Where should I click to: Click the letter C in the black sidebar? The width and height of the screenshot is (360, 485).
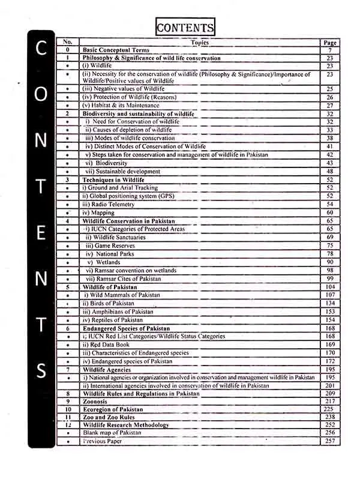(x=41, y=50)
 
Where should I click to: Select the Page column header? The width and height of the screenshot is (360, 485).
(x=329, y=43)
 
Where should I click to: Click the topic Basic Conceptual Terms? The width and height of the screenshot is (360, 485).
(x=116, y=50)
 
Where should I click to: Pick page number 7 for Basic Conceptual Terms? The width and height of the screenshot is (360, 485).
(x=329, y=50)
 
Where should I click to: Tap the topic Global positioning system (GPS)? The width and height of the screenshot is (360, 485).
(x=120, y=196)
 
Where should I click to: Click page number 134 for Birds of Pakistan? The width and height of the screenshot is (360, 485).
(x=329, y=303)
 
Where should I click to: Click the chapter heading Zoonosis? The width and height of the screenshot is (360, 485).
(x=97, y=400)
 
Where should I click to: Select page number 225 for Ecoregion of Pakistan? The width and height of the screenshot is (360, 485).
(x=329, y=409)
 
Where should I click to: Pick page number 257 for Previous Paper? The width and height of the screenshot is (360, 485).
(x=329, y=441)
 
